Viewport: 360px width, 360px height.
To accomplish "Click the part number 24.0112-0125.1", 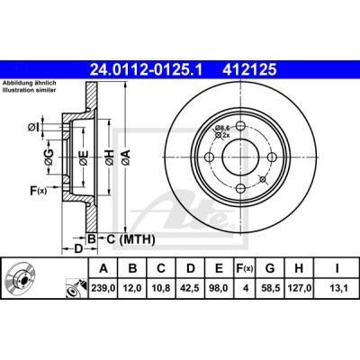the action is point(147,70).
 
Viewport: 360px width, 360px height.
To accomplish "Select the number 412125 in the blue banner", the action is point(249,70).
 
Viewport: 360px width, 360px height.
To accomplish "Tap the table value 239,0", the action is point(103,288).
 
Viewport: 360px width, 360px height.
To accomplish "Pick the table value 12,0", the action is point(132,288).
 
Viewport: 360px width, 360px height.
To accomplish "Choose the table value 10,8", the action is point(161,288).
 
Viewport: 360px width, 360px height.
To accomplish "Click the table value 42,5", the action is point(190,288).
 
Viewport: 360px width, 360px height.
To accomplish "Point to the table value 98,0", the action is point(219,288).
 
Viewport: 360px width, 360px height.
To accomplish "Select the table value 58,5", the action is point(270,288).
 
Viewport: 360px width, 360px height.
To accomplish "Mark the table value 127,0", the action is point(299,288).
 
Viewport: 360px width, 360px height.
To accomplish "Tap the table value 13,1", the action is point(337,288).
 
